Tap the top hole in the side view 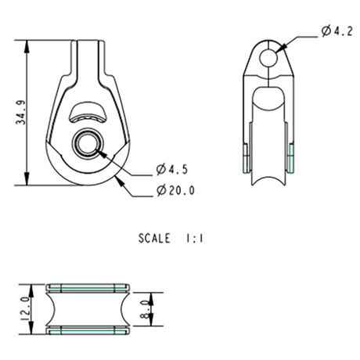point(269,57)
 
